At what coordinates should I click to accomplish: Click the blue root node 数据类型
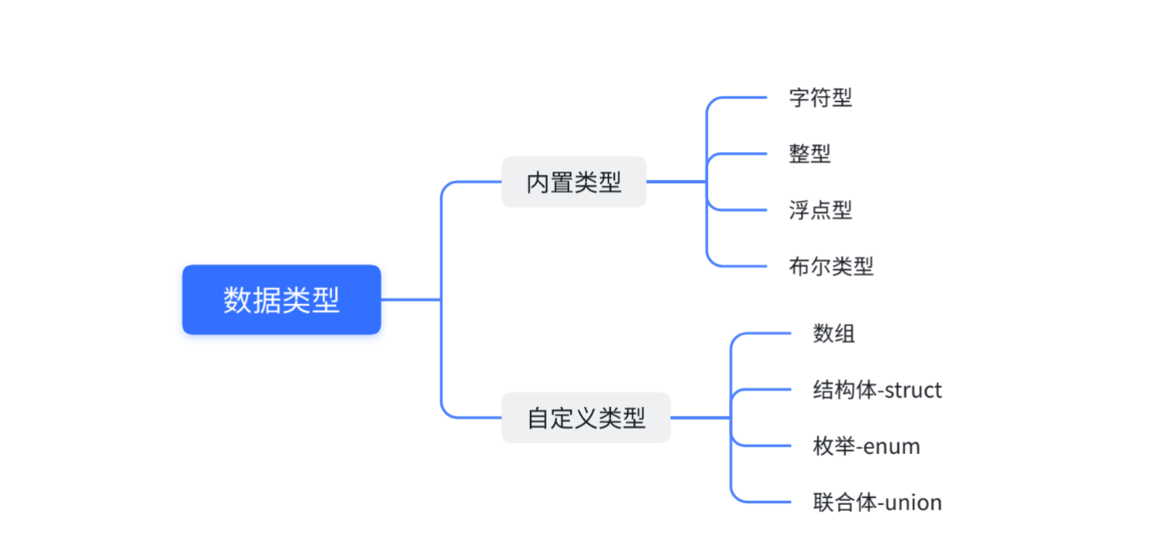point(281,299)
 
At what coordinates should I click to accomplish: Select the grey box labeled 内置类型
point(573,181)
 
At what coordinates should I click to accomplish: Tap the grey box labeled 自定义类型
point(586,417)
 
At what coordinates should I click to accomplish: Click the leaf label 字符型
point(820,97)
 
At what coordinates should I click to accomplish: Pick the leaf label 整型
point(809,153)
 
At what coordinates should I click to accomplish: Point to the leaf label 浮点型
point(820,210)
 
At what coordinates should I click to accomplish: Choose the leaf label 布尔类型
point(831,266)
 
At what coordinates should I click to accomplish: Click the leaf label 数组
point(834,334)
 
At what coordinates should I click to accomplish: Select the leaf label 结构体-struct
point(877,390)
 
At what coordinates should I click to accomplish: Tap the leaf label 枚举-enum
point(866,446)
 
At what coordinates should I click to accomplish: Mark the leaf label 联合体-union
point(877,503)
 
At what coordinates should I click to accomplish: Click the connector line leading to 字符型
point(741,98)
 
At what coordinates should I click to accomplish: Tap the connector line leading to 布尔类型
point(741,266)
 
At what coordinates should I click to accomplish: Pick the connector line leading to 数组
point(763,334)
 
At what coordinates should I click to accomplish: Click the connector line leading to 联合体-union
point(763,503)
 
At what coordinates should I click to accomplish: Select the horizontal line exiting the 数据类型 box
point(410,299)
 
